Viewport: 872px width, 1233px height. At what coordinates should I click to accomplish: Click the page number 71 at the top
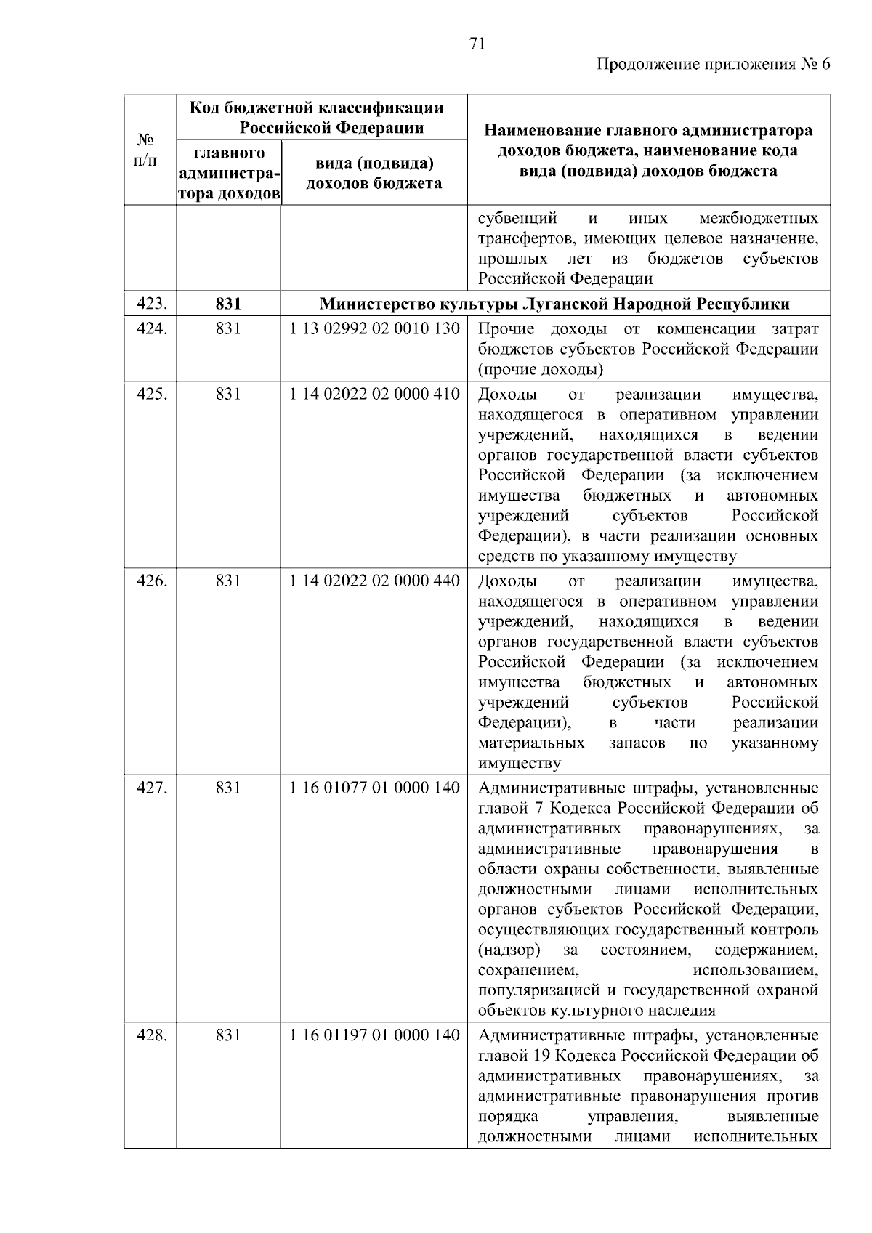477,44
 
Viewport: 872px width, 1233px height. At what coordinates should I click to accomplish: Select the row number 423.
153,304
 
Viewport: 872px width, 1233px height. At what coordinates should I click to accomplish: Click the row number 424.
153,329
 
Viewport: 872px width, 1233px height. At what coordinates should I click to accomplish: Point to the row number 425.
153,395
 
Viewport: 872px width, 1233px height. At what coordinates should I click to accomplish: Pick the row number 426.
153,581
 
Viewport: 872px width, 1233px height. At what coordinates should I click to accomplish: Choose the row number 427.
153,788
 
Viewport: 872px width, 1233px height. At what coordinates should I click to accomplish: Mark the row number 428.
153,1035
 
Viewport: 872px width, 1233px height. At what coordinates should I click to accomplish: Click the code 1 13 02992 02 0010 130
374,329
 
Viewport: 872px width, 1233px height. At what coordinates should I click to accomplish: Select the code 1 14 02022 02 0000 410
374,395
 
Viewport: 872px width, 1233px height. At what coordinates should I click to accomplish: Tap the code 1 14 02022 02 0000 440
374,581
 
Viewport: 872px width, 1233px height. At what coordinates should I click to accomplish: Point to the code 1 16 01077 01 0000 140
374,788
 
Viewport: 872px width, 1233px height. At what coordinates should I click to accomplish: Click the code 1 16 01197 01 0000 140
374,1035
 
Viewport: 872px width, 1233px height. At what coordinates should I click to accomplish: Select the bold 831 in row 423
228,304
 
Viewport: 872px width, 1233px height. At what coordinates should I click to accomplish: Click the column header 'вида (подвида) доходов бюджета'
374,173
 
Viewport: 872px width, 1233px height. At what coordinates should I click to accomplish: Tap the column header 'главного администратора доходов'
228,174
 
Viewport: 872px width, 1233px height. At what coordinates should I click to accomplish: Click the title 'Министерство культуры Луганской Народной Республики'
555,304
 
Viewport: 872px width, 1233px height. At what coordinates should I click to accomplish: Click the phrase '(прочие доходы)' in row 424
541,370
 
